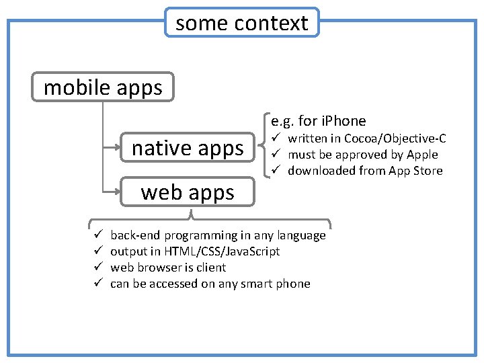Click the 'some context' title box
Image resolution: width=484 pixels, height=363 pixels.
point(242,23)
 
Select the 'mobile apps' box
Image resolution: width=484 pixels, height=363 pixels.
point(103,87)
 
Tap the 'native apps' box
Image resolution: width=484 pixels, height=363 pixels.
point(188,147)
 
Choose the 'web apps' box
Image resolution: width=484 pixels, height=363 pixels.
point(188,192)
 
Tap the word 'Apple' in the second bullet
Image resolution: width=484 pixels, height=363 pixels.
point(423,155)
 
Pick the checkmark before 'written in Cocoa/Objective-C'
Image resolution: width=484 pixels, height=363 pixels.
point(274,138)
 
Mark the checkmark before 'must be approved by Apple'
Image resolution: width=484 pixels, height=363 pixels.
point(274,155)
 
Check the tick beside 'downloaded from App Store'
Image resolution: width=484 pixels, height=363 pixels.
point(274,171)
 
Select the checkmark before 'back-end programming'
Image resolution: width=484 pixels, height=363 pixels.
point(96,235)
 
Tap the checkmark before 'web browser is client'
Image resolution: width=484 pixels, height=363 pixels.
point(96,268)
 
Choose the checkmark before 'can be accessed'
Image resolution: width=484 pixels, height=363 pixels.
point(96,284)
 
